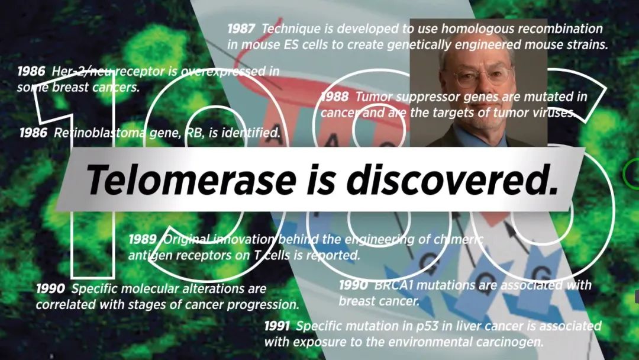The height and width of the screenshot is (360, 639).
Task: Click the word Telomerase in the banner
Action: point(191,179)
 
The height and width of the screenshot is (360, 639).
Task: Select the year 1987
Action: point(241,29)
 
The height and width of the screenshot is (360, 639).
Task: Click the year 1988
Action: point(335,97)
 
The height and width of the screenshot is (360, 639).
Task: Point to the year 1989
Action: point(143,239)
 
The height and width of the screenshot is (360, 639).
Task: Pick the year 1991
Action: point(277,326)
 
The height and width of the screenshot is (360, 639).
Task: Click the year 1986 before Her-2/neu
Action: point(31,71)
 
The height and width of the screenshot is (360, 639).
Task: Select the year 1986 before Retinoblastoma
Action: point(33,133)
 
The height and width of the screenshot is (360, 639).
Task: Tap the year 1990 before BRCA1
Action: point(353,285)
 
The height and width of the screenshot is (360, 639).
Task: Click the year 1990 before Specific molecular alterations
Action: point(50,289)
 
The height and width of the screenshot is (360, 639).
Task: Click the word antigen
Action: point(147,256)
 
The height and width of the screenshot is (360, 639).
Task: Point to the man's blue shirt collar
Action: point(481,137)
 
